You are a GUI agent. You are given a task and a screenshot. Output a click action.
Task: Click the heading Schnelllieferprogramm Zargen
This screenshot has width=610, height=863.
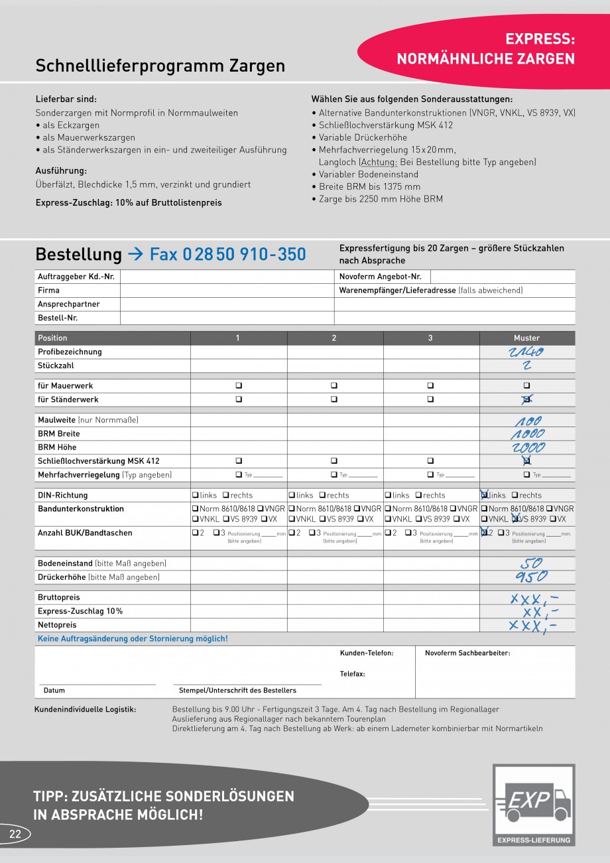160,66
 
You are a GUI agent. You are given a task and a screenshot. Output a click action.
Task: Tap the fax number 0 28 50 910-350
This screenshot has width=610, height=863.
227,254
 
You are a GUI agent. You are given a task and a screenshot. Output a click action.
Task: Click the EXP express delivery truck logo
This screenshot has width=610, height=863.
534,804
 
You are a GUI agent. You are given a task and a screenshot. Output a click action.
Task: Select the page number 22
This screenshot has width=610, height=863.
15,834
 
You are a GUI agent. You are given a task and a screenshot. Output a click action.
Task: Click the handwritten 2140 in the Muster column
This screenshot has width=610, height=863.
526,352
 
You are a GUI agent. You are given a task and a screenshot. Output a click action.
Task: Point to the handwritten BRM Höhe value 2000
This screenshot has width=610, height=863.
526,448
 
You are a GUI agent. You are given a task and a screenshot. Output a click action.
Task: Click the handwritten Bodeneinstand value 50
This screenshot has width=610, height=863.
531,563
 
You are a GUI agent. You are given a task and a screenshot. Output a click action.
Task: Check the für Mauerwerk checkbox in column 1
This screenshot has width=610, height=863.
239,385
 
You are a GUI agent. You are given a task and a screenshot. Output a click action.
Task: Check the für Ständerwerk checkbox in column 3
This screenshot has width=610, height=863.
430,399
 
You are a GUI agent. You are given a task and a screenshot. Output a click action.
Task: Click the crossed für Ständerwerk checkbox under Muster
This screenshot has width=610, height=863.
526,399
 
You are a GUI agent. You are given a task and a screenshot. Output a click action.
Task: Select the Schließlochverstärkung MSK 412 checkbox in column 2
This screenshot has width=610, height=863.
334,461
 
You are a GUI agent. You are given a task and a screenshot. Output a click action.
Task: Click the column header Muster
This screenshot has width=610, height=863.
526,338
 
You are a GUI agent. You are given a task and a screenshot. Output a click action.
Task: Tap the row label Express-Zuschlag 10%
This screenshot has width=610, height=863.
80,611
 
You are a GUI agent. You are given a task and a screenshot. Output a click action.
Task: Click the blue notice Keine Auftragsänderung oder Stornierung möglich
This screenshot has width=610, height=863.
133,639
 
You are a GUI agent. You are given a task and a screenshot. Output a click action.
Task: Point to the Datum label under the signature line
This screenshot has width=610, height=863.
54,691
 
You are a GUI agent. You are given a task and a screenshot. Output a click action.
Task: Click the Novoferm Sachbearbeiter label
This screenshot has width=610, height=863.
467,653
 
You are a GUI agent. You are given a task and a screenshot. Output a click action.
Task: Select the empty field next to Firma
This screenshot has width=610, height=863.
227,291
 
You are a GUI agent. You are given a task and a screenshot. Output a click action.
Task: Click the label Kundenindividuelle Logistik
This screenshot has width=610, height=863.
85,710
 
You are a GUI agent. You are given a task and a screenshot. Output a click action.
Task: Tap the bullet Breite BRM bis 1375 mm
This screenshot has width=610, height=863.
369,186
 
